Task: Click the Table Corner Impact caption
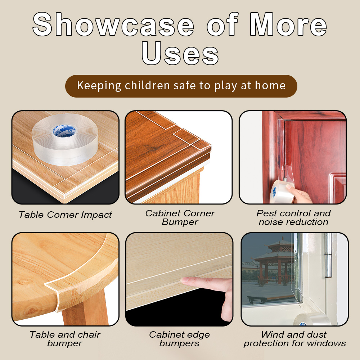pyautogui.click(x=65, y=215)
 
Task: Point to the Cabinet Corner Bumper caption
pyautogui.click(x=180, y=217)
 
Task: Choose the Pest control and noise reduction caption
pyautogui.click(x=293, y=217)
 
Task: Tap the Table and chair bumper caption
pyautogui.click(x=65, y=339)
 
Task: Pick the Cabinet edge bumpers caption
pyautogui.click(x=180, y=339)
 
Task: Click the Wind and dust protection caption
pyautogui.click(x=294, y=339)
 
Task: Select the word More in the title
pyautogui.click(x=288, y=25)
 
